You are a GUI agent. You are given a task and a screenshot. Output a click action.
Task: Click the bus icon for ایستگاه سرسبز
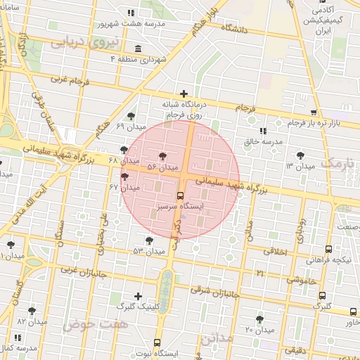(x=180, y=195)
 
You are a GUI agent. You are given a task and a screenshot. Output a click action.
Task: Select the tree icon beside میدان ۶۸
(x=124, y=150)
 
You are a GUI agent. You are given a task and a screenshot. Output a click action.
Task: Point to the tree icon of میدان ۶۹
(x=130, y=116)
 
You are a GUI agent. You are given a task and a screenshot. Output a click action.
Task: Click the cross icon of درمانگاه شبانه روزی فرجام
(x=184, y=94)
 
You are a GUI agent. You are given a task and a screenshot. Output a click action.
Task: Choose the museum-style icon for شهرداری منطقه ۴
(x=137, y=49)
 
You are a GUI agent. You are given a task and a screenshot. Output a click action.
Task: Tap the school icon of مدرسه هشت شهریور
(x=131, y=13)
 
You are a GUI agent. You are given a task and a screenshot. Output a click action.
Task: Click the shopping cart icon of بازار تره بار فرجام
(x=313, y=113)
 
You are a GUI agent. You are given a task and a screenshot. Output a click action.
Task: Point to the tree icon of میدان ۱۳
(x=301, y=155)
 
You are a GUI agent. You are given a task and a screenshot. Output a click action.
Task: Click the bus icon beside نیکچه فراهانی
(x=328, y=250)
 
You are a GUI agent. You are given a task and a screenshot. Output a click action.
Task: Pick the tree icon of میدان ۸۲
(x=32, y=310)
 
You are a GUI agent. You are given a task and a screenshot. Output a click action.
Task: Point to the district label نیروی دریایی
(x=77, y=41)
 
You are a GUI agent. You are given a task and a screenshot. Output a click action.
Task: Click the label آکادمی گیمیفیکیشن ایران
(x=327, y=21)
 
